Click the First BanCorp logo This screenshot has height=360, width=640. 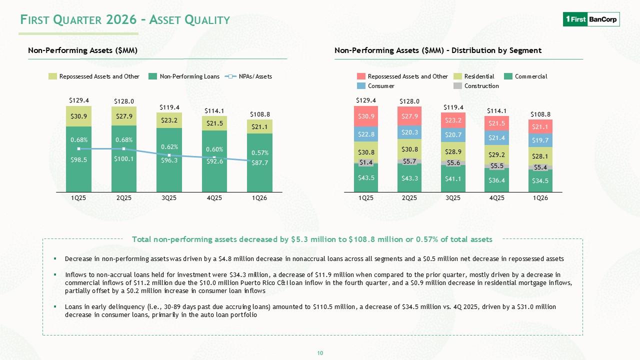point(591,19)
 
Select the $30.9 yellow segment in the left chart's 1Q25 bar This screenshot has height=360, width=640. point(79,116)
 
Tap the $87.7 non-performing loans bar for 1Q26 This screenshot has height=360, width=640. point(259,163)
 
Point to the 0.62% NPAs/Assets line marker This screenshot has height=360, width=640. point(169,155)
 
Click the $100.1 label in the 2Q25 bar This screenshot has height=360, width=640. point(123,159)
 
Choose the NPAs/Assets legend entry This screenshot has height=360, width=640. point(248,76)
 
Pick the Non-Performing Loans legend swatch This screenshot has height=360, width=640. point(152,76)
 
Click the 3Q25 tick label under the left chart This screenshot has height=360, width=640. point(169,197)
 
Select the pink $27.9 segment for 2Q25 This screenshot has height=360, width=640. point(409,116)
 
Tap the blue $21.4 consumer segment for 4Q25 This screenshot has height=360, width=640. point(496,137)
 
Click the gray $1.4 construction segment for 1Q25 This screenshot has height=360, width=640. point(366,162)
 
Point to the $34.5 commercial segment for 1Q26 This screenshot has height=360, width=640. point(540,181)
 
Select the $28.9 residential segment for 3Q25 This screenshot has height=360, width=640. point(453,151)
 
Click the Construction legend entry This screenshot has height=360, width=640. point(476,85)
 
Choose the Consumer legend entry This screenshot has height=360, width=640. point(375,85)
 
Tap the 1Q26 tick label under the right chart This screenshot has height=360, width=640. point(540,197)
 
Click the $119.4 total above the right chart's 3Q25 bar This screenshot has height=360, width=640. point(453,107)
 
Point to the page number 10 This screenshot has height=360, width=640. point(320,353)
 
